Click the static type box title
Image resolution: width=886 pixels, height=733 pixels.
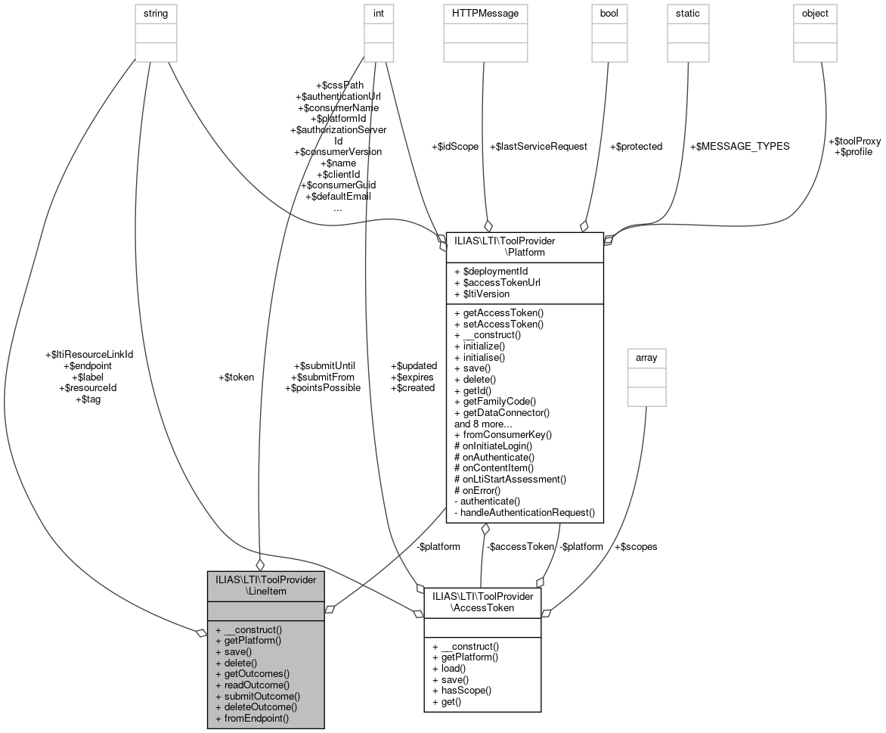687,13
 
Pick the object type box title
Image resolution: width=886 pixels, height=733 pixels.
815,13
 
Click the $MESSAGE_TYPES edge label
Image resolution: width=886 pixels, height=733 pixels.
740,146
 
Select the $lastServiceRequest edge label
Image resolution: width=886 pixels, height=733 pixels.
538,146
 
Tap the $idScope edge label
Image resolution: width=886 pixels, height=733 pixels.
454,146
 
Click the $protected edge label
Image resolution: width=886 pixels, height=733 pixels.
636,146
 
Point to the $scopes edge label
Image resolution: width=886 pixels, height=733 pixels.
636,546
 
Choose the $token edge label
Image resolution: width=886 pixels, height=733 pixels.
236,377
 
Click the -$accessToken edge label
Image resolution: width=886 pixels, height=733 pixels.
520,546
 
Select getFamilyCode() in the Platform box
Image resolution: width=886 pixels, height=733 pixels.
494,401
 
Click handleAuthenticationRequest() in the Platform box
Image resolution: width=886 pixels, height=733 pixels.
527,512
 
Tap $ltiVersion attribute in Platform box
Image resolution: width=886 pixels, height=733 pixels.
482,294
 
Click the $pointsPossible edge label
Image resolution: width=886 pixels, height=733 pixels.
322,387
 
